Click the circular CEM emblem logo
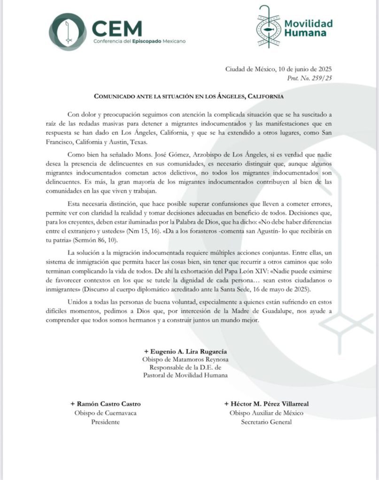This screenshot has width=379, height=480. click(x=68, y=32)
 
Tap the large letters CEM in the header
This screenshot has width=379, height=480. click(x=117, y=29)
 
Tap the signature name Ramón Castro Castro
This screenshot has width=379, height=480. click(x=106, y=404)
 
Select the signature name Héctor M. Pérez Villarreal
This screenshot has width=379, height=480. click(x=266, y=404)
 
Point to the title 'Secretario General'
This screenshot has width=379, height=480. click(x=266, y=422)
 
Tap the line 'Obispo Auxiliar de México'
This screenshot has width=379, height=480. click(x=266, y=413)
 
